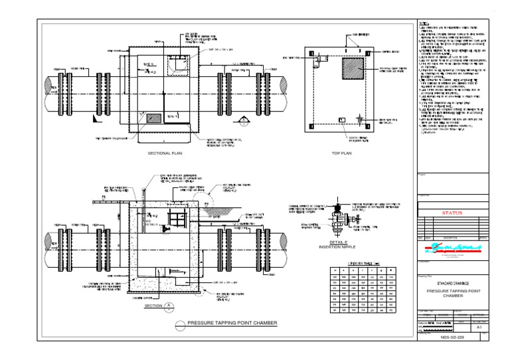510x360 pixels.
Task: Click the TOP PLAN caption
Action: [341, 153]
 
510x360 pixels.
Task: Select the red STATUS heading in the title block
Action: [451, 214]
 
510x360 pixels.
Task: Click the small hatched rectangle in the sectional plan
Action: [153, 117]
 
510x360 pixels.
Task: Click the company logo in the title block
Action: [451, 250]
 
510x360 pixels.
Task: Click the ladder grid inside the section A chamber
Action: [177, 219]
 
